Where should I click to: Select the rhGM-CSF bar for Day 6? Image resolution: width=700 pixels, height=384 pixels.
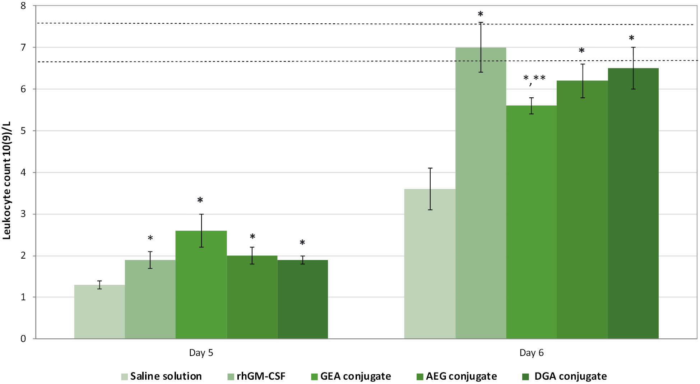[x=481, y=194]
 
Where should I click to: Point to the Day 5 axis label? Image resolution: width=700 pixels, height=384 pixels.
[x=201, y=353]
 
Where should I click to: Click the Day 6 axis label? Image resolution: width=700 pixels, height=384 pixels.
[x=532, y=353]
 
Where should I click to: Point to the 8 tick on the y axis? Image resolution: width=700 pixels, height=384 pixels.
[x=24, y=6]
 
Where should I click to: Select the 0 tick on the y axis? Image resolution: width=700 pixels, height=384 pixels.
[x=24, y=339]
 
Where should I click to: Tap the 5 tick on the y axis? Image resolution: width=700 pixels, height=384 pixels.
[x=24, y=131]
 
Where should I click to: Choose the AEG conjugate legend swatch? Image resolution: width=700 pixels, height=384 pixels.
[x=420, y=376]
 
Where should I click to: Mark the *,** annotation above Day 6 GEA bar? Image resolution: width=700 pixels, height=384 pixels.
[x=534, y=79]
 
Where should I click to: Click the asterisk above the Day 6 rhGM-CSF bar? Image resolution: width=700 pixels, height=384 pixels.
[x=481, y=14]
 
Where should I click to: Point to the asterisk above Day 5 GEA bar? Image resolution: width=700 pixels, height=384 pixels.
[x=200, y=200]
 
